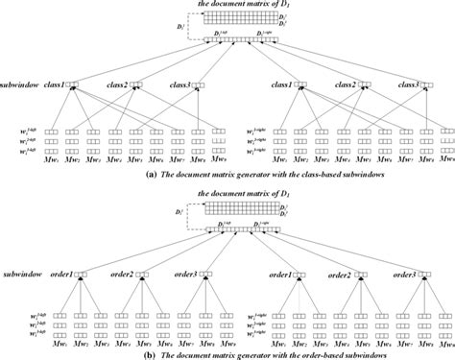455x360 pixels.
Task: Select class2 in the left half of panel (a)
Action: click(x=117, y=84)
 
